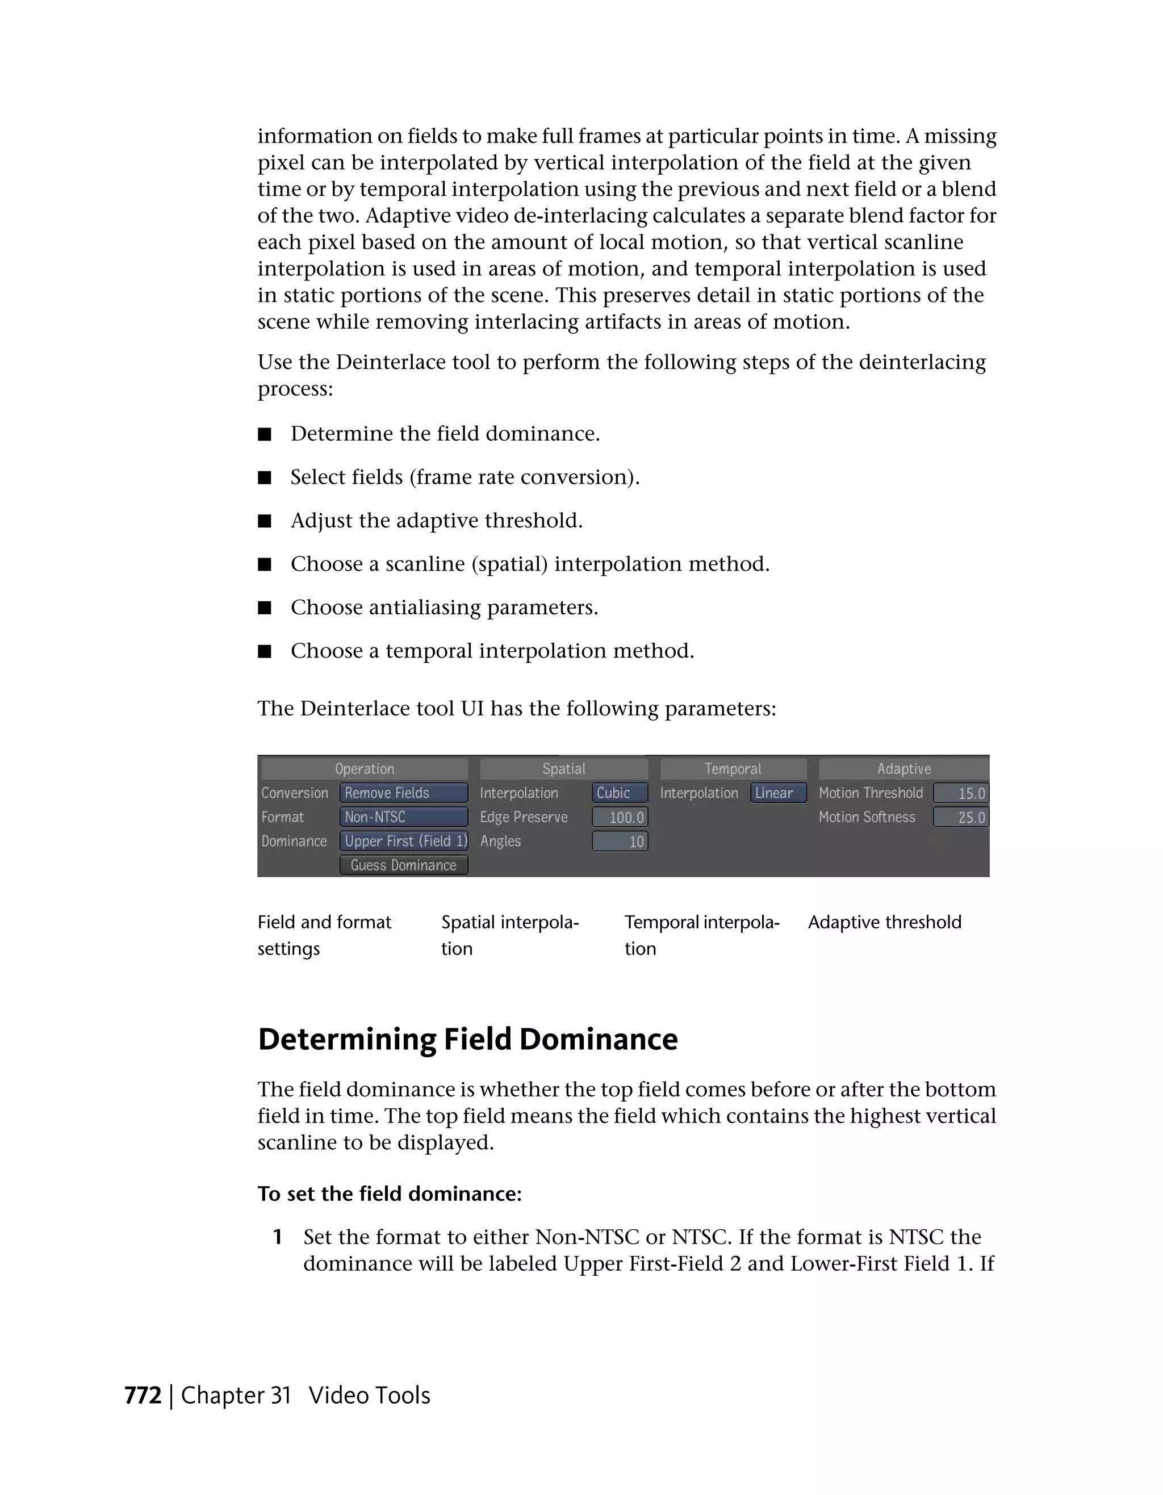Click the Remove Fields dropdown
(403, 793)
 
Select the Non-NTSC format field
(403, 816)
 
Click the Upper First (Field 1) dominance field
(403, 840)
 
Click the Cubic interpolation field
(620, 793)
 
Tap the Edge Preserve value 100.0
(620, 817)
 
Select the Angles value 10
(620, 841)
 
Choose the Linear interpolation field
(779, 793)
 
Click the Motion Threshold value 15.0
(961, 793)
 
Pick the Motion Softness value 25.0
(961, 817)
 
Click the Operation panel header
(364, 769)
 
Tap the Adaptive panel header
(903, 769)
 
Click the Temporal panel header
(733, 769)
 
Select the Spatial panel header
(563, 769)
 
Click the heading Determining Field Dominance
(467, 1039)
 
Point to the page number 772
(143, 1395)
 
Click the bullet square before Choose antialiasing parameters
(265, 608)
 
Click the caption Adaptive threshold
(884, 922)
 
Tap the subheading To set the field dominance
(390, 1194)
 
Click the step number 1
(277, 1237)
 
